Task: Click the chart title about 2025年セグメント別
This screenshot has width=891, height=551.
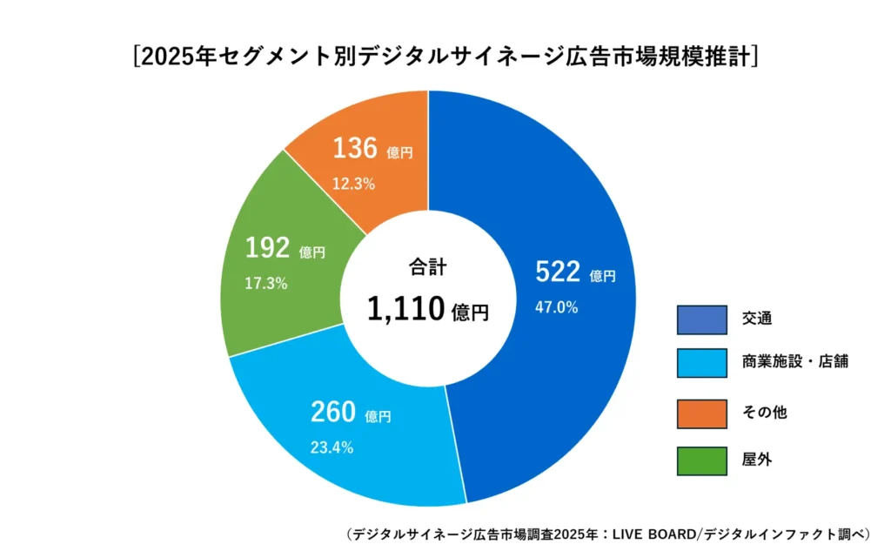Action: coord(445,56)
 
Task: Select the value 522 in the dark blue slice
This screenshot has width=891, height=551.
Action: coord(558,272)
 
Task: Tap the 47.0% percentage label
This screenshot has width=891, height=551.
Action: coord(557,307)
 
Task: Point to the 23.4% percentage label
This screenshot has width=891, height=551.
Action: coord(332,447)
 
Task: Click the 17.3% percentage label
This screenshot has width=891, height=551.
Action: coord(266,284)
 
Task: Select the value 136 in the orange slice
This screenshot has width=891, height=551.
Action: coord(355,149)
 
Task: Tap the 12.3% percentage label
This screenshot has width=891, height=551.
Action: coord(353,184)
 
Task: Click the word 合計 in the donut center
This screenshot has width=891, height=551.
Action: coord(427,267)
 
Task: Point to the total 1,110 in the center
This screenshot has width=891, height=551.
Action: coord(406,309)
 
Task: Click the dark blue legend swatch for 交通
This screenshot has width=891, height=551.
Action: coord(701,320)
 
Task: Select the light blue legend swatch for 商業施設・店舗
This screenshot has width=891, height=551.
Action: coord(701,363)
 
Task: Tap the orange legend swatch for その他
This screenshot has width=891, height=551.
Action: coord(701,413)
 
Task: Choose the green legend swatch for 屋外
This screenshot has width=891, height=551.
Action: coord(701,460)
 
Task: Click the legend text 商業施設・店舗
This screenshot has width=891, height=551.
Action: coord(795,362)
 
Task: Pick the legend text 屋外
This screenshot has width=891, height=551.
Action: coord(757,460)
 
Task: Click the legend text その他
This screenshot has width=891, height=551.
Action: coord(765,413)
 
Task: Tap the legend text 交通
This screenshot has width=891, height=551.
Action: coord(757,319)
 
